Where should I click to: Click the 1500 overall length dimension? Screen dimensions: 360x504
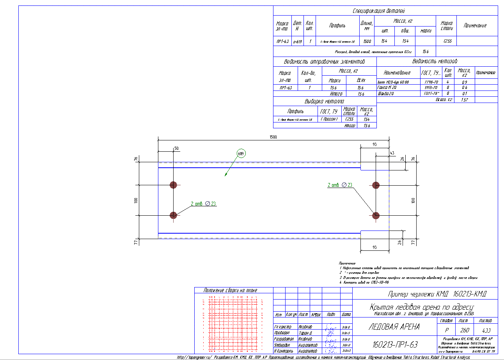coord(273,137)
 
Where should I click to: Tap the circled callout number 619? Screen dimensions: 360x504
coord(241,154)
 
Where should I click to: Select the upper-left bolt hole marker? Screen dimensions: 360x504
coord(173,185)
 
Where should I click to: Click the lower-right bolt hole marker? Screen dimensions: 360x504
coord(376,215)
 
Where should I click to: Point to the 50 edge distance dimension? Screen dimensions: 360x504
coord(176,149)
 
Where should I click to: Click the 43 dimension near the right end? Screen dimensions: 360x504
coord(392,153)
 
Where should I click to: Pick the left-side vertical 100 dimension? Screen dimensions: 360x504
coord(136,200)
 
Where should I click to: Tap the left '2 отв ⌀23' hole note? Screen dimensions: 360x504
coord(203,203)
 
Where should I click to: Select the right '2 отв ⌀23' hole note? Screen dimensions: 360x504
coord(340,185)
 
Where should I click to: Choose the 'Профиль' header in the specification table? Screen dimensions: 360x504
coord(337,26)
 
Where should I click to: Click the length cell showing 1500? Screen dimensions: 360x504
coord(367,41)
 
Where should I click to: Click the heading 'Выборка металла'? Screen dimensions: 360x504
coord(325,101)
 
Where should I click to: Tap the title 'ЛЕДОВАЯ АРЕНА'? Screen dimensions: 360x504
coord(394,327)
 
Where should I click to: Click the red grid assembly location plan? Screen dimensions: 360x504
coord(233,324)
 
